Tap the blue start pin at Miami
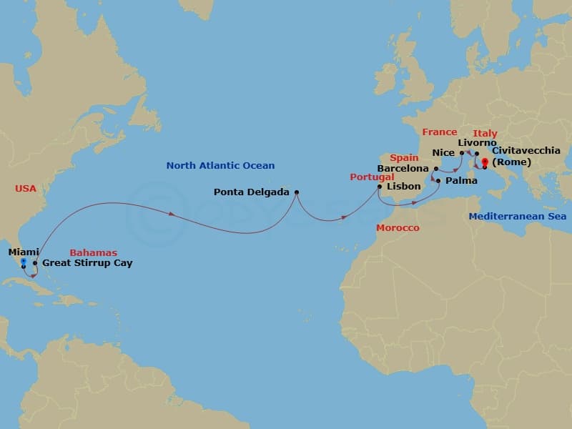[x=23, y=262]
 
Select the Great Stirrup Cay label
[x=87, y=263]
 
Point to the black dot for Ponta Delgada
[x=297, y=192]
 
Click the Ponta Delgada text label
[x=251, y=192]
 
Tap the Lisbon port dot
[x=380, y=187]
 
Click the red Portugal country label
[x=371, y=177]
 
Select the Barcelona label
[x=403, y=169]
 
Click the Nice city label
[x=444, y=152]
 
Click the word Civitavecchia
[x=526, y=150]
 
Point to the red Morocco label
[x=398, y=227]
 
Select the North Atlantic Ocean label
[x=220, y=166]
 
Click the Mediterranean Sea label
[x=517, y=216]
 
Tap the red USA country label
[x=25, y=188]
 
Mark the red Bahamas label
[x=93, y=252]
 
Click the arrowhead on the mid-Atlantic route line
[x=172, y=214]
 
